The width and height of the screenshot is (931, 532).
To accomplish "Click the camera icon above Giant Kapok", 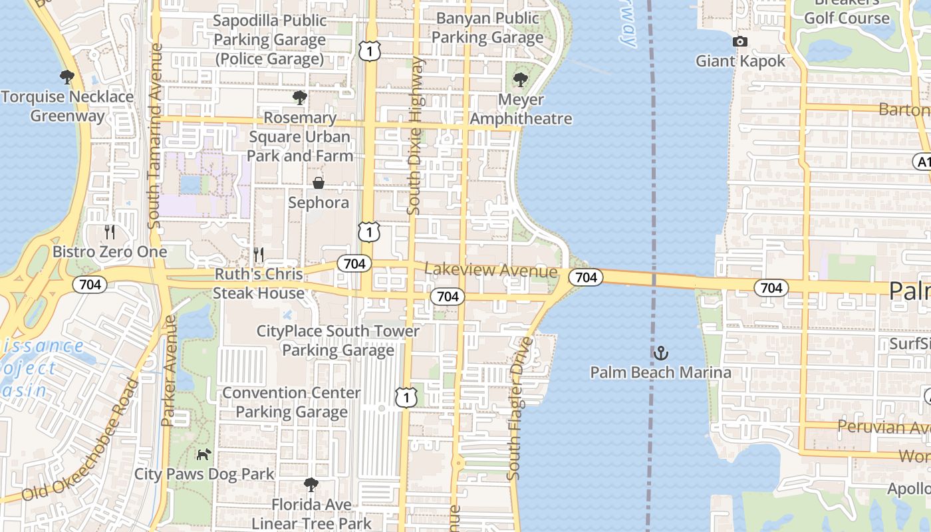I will coord(739,42).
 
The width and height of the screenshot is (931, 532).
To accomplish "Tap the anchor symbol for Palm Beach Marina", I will coord(660,352).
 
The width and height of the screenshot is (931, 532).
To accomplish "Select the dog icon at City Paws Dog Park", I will coord(203,454).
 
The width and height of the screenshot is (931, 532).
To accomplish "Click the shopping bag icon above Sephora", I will coord(319,183).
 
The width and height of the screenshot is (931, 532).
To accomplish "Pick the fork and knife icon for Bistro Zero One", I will coord(110,232).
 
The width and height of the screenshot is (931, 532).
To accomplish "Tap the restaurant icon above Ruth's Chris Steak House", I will coord(259,254).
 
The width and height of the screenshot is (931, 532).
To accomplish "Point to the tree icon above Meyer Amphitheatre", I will coord(520,80).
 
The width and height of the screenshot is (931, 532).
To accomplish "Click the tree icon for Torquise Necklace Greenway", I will coord(66,77).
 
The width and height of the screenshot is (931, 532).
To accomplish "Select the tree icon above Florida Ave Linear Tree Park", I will coord(311,485).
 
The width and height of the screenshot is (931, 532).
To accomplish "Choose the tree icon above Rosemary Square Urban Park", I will coord(300,98).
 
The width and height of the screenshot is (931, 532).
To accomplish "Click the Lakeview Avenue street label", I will coord(491,271).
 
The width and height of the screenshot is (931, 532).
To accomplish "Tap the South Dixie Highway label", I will coord(416,136).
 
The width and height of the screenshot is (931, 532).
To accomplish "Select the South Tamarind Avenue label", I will coord(156,136).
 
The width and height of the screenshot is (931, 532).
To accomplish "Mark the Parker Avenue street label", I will coord(169,370).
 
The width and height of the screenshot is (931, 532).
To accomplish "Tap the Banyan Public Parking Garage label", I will coord(487,28).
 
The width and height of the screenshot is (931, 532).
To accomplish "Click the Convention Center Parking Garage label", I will coord(291,402).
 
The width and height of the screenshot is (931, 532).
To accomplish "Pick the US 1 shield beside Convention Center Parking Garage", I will coord(406,397).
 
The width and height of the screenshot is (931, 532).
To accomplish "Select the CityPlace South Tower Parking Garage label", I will coord(338,340).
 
